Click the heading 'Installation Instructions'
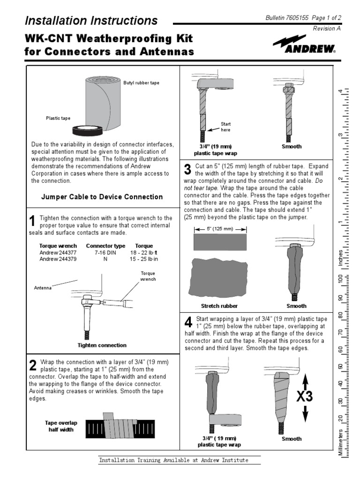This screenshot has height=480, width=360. click(91, 21)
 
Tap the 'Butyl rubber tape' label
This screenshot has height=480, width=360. click(141, 83)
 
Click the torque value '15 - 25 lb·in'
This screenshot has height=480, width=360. click(143, 258)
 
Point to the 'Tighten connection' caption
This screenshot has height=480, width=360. click(102, 345)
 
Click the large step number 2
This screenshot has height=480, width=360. click(32, 365)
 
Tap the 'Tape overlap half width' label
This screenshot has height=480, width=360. click(61, 426)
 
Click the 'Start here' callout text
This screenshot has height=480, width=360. click(225, 127)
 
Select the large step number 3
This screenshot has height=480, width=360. click(187, 169)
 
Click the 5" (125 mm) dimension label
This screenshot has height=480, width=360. click(220, 229)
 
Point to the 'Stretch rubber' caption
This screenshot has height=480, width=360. click(219, 306)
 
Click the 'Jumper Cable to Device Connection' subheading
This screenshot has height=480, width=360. click(102, 197)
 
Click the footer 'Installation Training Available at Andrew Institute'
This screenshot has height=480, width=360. click(173, 460)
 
